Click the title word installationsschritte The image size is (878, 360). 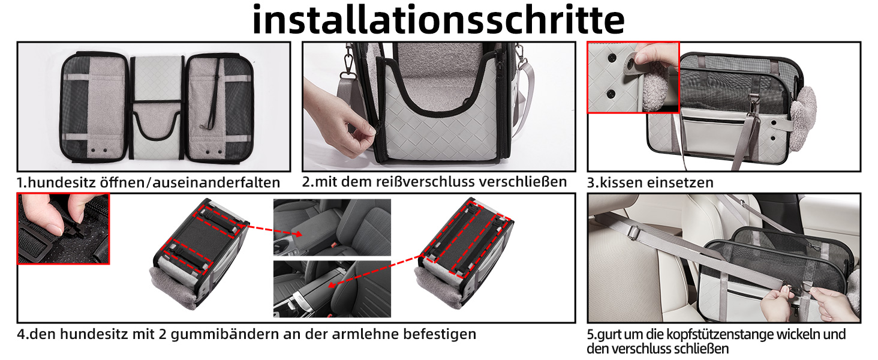click(438, 20)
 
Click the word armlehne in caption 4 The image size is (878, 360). click(365, 334)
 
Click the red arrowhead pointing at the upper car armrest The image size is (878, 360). click(297, 234)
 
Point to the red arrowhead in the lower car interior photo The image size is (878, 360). click(332, 285)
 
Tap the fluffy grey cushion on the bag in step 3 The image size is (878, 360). click(803, 118)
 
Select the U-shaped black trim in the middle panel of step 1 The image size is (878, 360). click(155, 125)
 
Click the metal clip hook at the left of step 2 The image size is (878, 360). click(347, 63)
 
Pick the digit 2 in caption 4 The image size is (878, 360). click(163, 335)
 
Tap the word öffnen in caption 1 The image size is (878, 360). click(124, 183)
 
